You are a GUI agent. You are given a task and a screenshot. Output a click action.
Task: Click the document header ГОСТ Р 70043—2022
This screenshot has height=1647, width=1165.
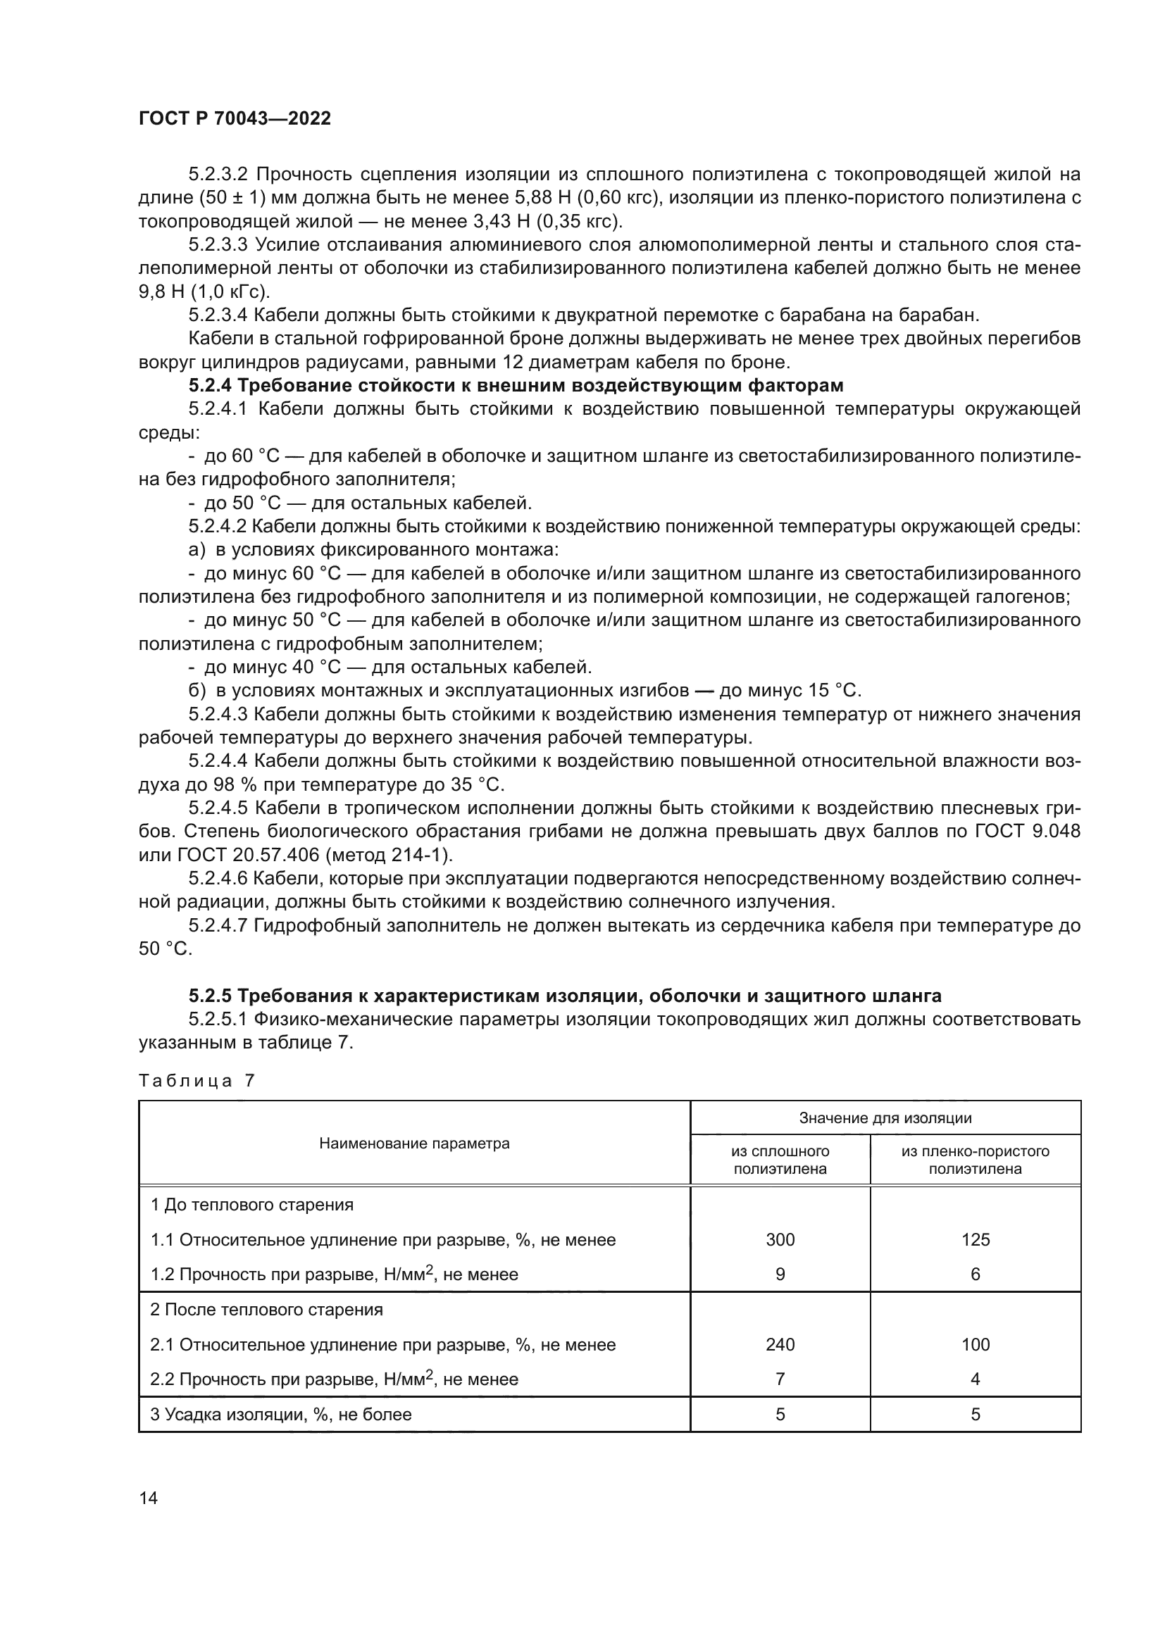(x=235, y=119)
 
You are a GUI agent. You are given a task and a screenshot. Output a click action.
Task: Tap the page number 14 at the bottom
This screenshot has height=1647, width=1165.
(x=149, y=1497)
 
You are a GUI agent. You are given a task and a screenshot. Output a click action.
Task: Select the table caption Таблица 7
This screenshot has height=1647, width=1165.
(x=197, y=1081)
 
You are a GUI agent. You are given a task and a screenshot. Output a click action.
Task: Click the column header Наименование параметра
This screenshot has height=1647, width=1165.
(x=414, y=1143)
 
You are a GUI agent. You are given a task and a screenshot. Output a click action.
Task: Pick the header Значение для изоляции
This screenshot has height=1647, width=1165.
(x=885, y=1117)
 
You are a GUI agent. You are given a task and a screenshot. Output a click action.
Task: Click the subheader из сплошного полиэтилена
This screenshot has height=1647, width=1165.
(x=780, y=1160)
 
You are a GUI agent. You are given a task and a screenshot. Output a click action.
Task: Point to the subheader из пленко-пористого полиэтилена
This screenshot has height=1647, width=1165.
(x=975, y=1160)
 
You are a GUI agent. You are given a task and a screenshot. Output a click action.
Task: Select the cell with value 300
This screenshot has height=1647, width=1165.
(x=780, y=1239)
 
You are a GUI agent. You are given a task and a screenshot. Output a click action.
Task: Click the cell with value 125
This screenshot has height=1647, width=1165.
(x=975, y=1239)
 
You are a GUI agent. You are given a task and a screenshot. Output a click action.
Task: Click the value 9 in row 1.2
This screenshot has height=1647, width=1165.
(x=780, y=1274)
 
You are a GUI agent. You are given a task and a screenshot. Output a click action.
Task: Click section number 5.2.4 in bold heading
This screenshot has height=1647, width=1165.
(x=209, y=386)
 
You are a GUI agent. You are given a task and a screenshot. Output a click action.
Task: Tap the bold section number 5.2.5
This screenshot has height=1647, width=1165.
(x=209, y=996)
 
